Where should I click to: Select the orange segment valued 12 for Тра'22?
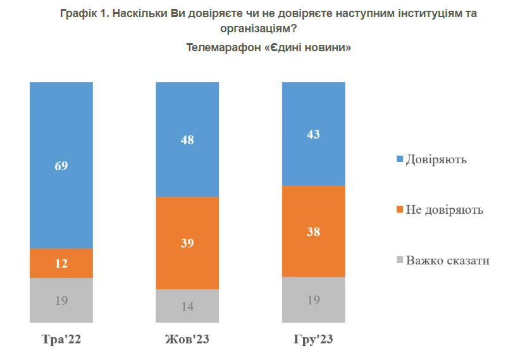(61, 263)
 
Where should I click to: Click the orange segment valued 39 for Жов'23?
(187, 243)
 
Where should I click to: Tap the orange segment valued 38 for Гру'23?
(314, 231)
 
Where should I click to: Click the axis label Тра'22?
(61, 340)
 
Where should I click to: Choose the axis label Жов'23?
(187, 340)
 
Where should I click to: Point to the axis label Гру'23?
(314, 340)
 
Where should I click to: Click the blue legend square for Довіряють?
(399, 159)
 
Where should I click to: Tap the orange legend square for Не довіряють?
(399, 209)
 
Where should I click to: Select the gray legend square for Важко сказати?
(399, 260)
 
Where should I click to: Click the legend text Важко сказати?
(448, 260)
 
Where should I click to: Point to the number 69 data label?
(61, 166)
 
